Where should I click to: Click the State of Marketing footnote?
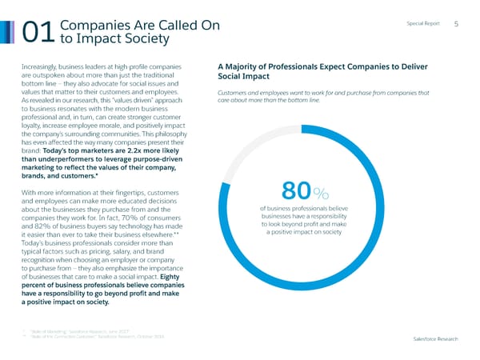tap(80, 329)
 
